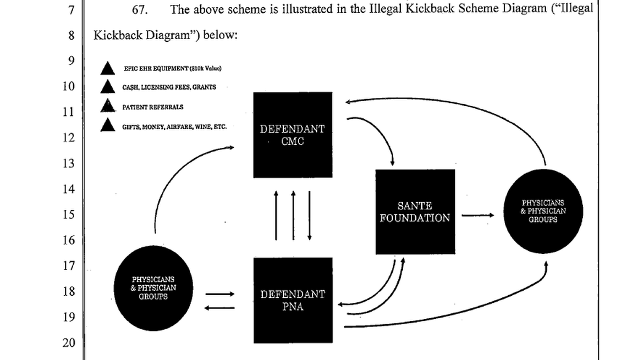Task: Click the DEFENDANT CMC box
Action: point(293,135)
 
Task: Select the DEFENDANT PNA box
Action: point(293,300)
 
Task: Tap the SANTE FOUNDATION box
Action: point(415,212)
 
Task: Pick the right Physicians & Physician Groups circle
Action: point(543,211)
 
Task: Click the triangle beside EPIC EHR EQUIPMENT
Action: point(108,69)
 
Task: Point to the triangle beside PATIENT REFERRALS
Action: point(108,107)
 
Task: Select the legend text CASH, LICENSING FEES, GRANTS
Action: point(169,87)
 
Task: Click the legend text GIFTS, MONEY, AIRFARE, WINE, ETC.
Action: point(174,126)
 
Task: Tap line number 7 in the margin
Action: point(70,10)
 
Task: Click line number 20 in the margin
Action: point(68,343)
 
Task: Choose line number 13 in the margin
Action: point(68,163)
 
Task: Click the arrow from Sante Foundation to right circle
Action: point(477,215)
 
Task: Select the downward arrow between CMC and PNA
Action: point(310,215)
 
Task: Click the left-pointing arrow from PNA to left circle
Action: point(219,307)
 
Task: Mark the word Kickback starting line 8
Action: point(118,35)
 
